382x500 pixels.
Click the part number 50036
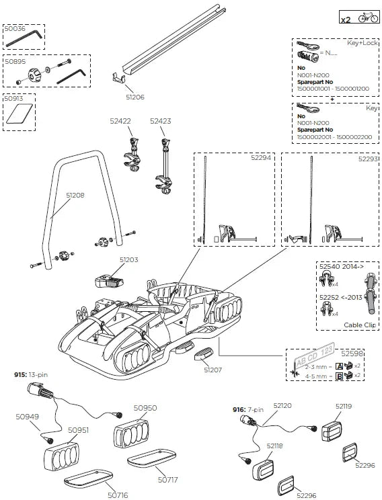click(x=15, y=29)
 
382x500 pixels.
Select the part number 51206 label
click(x=135, y=97)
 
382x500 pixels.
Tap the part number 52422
click(x=120, y=122)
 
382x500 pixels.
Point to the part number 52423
click(x=161, y=122)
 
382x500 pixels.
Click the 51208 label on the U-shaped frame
click(x=75, y=196)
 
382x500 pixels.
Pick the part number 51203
click(x=128, y=259)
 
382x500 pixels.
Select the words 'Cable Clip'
click(x=358, y=324)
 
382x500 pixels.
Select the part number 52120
click(x=281, y=405)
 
